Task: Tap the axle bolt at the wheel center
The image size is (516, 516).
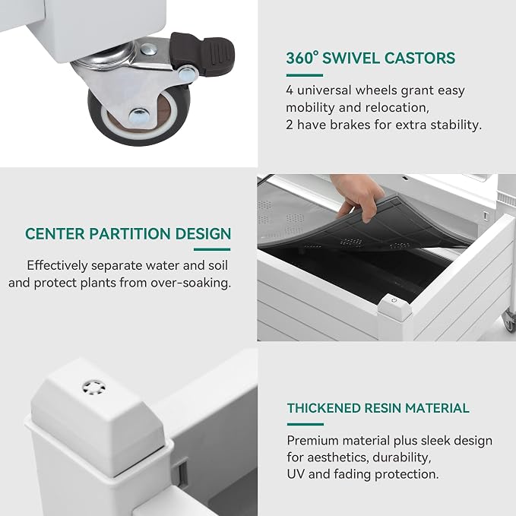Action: click(139, 115)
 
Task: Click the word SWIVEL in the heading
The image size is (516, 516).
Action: click(351, 59)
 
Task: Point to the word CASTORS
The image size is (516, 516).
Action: click(420, 59)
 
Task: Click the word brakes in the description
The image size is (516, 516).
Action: click(350, 125)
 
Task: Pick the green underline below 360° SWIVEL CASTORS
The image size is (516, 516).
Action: click(305, 75)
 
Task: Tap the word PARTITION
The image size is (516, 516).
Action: click(130, 234)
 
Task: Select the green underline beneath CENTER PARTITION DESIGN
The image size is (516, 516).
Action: click(212, 249)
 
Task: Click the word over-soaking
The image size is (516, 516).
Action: click(191, 283)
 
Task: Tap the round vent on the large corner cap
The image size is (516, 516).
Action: click(94, 388)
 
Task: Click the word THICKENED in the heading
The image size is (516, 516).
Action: click(324, 408)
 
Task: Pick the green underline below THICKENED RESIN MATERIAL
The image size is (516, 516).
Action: click(305, 424)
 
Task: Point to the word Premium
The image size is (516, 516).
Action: click(313, 441)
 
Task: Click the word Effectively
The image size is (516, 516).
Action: click(57, 265)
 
